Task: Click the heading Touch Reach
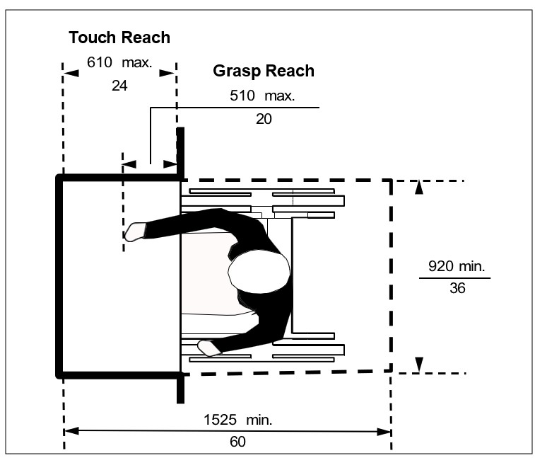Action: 119,38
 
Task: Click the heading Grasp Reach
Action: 263,71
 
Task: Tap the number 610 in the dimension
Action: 100,62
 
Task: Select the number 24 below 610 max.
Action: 119,86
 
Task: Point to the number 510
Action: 242,96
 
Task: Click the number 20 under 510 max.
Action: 263,119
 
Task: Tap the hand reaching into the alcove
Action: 135,231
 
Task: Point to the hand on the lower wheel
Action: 208,348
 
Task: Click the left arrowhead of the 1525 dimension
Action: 70,430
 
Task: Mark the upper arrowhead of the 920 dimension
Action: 419,188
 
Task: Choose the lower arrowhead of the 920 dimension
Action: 419,365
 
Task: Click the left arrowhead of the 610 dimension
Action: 69,72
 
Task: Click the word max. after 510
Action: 279,96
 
